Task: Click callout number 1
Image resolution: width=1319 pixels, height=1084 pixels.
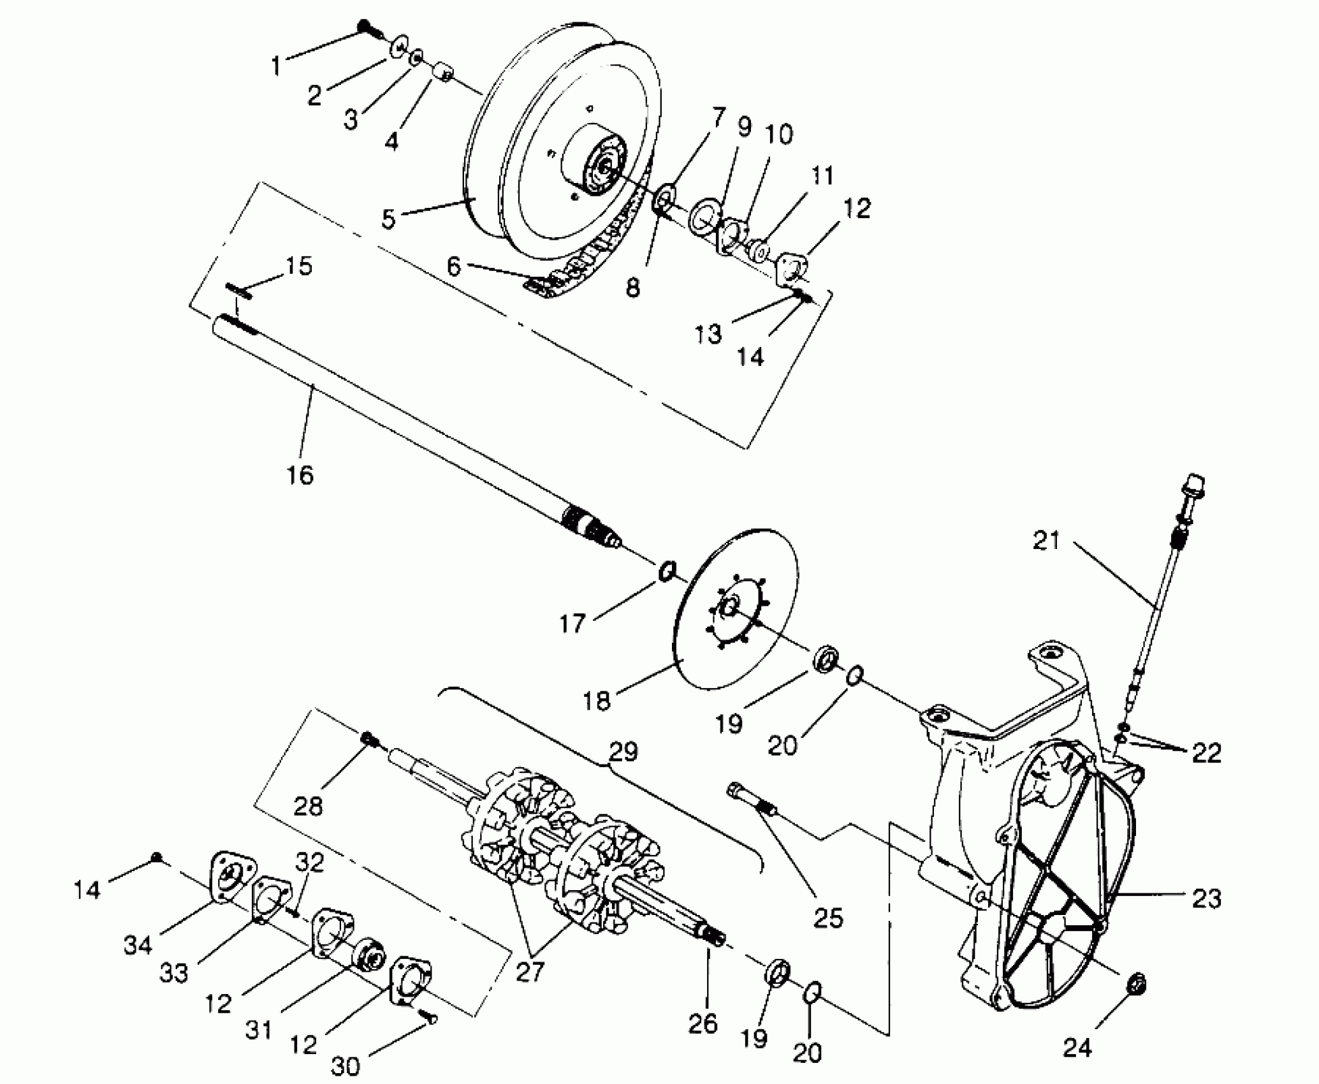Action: pyautogui.click(x=275, y=65)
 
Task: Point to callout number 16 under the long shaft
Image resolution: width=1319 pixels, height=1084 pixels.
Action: pyautogui.click(x=300, y=474)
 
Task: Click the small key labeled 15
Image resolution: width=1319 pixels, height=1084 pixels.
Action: pyautogui.click(x=239, y=291)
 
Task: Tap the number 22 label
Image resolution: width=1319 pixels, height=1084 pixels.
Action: pyautogui.click(x=1206, y=752)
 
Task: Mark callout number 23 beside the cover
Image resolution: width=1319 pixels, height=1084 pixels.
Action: pyautogui.click(x=1206, y=899)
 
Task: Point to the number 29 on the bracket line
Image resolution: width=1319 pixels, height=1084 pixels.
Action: pyautogui.click(x=623, y=752)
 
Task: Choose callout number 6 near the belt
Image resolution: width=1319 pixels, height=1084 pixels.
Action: pyautogui.click(x=453, y=267)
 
